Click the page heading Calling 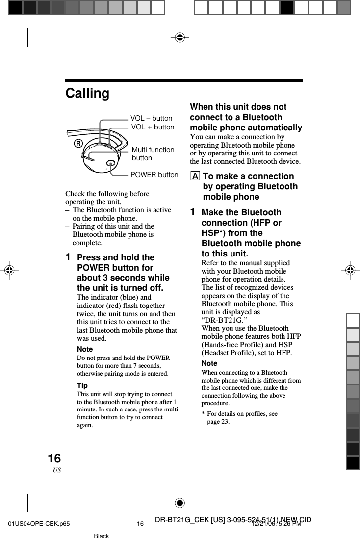(87, 93)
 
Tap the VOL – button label (151, 118)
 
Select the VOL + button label (153, 127)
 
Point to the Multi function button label (153, 154)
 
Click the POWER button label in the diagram (154, 175)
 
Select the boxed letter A (195, 177)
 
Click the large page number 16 (54, 459)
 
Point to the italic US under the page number (57, 470)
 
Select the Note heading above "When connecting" (209, 363)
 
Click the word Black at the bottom (101, 536)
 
